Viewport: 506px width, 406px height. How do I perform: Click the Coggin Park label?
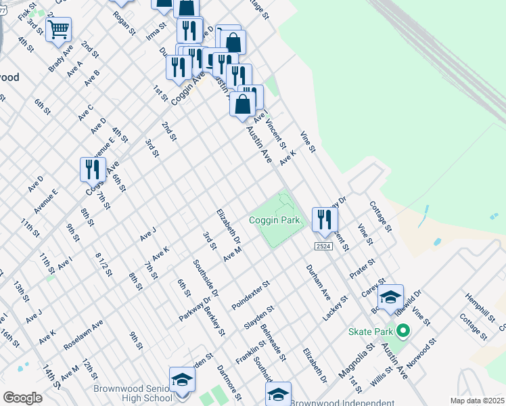274,220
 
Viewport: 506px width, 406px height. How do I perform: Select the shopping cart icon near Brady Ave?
59,29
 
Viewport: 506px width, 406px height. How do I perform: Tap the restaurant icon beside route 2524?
325,219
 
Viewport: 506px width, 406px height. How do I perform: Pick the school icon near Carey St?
390,297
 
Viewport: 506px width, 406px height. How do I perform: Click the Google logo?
23,398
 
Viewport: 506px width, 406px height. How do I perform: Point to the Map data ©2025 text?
477,401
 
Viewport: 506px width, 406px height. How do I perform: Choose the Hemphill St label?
480,307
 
